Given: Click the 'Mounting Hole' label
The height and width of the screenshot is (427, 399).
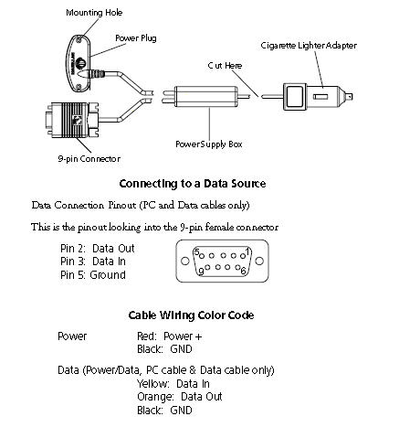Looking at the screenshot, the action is click(x=94, y=13).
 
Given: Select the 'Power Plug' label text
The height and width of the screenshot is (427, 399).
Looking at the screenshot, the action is click(x=136, y=38).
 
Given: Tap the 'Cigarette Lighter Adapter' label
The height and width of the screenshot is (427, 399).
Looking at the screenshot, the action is click(x=309, y=46).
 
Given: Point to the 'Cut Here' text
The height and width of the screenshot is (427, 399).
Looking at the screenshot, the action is click(x=225, y=66).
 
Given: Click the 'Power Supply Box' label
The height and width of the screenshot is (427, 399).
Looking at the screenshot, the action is click(x=209, y=144).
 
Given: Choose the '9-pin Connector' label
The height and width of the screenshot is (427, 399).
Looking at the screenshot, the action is click(x=89, y=159).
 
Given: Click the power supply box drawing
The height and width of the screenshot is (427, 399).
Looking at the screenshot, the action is click(x=206, y=97).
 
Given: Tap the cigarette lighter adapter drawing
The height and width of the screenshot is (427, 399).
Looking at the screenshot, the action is click(x=318, y=97).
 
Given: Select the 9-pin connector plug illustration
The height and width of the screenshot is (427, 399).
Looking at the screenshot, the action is click(x=72, y=120).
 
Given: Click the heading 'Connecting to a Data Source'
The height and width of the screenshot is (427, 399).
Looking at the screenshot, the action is click(x=193, y=184).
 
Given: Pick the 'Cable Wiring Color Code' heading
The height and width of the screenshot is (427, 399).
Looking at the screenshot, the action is click(x=191, y=315).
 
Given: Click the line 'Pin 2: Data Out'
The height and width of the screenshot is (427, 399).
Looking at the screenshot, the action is click(x=98, y=249).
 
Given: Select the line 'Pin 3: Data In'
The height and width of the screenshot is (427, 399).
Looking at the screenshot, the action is click(x=93, y=262).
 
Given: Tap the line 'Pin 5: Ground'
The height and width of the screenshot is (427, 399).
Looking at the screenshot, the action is click(x=93, y=275).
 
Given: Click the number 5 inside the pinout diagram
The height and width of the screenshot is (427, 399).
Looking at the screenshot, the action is click(x=196, y=252).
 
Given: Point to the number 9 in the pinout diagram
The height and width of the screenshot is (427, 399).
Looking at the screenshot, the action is click(x=201, y=271).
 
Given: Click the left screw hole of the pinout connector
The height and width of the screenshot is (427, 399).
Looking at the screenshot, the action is click(x=184, y=262).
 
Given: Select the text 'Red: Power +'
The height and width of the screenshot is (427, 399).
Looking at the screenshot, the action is click(x=170, y=336).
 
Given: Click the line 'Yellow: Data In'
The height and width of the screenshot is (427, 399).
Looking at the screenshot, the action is click(x=173, y=384).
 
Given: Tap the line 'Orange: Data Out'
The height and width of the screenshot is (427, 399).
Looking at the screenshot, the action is click(x=180, y=397).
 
